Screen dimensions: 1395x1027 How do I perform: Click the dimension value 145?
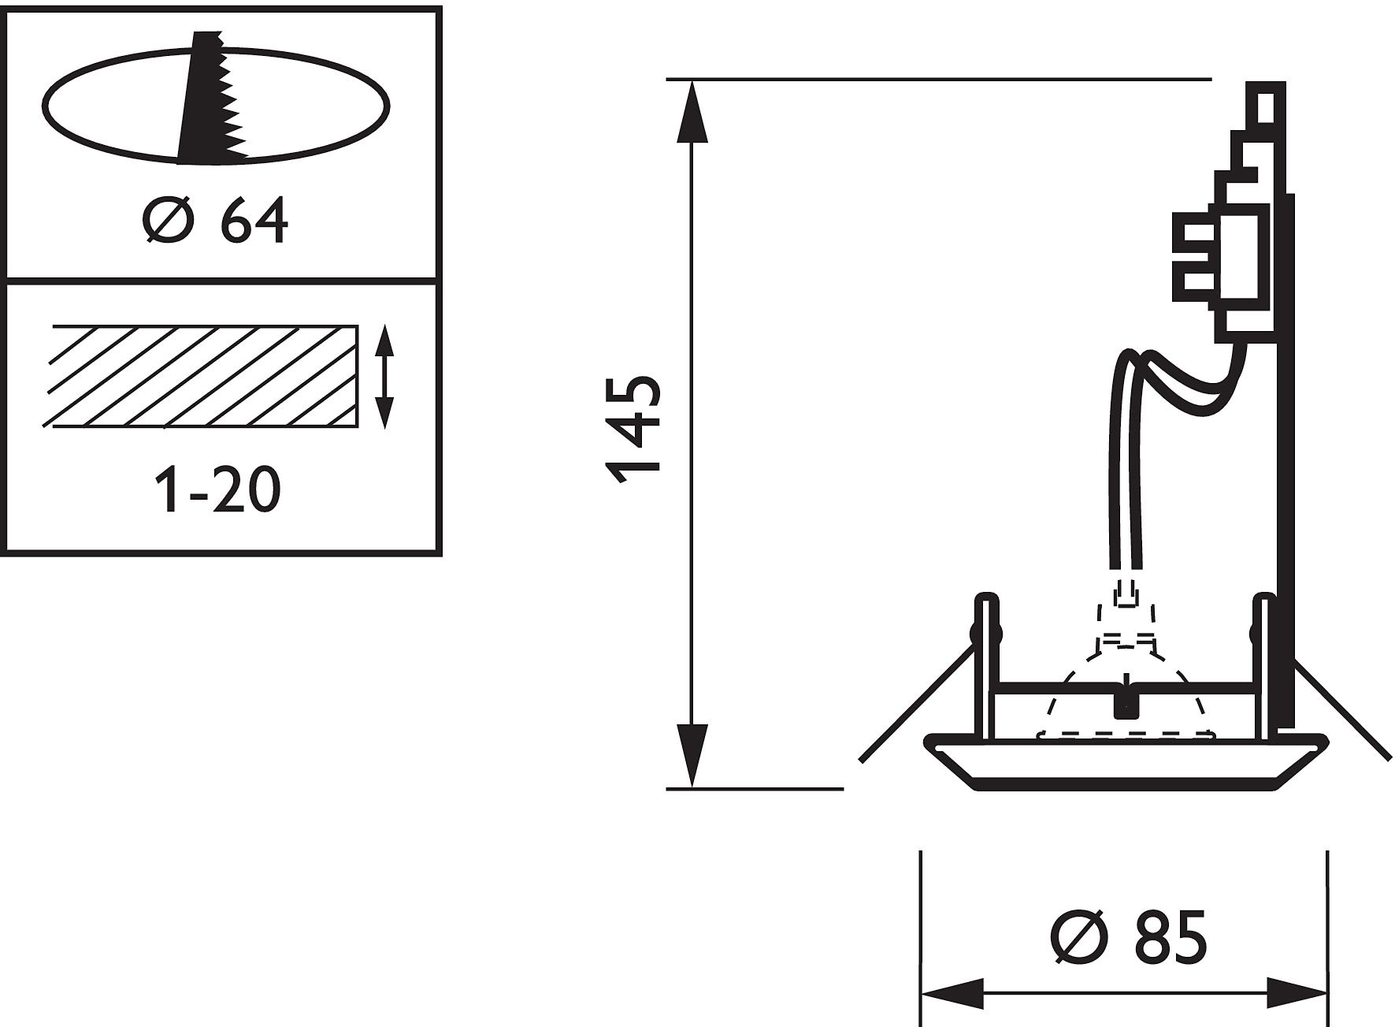633,429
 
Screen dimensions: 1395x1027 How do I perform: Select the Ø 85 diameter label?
1129,937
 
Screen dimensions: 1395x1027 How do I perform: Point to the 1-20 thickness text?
218,489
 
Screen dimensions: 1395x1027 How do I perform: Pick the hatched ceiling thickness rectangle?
203,376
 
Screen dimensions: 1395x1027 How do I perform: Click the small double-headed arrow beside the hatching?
384,378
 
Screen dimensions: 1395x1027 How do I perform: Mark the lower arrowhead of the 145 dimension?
692,755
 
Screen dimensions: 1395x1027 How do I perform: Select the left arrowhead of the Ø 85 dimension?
952,992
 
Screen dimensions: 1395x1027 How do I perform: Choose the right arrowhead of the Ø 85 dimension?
1297,992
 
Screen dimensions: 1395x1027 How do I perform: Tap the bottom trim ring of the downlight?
1126,761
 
